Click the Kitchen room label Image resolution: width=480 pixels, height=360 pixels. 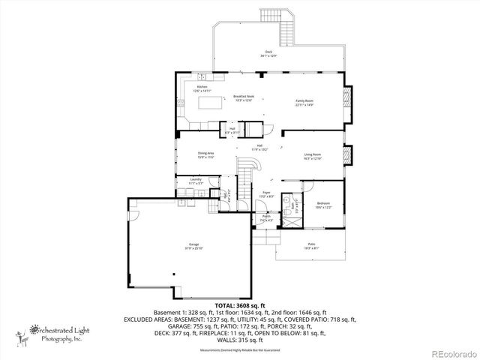click(x=202, y=88)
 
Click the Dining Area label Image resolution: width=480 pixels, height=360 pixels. click(x=185, y=154)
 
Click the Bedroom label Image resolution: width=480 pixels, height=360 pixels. click(x=323, y=205)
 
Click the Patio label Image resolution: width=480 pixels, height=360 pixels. click(x=310, y=246)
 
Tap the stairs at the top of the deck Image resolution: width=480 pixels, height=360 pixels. click(x=268, y=17)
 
